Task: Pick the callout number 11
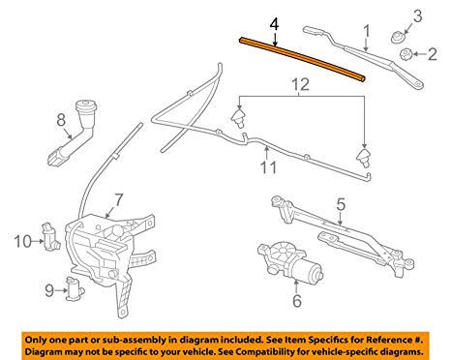(x=267, y=166)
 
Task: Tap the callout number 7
(x=118, y=199)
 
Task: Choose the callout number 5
(x=340, y=204)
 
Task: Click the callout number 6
(x=296, y=301)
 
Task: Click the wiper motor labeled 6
(x=282, y=263)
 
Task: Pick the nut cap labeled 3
(x=396, y=37)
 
